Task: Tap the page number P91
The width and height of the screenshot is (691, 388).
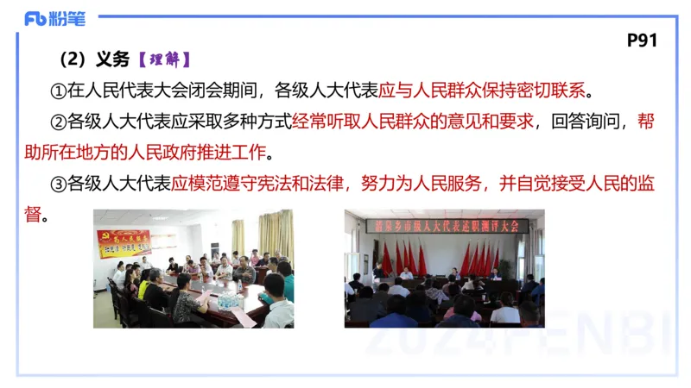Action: click(x=643, y=41)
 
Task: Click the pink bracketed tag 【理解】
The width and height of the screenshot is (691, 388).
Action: click(x=163, y=59)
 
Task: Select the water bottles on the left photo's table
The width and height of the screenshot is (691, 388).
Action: click(x=227, y=297)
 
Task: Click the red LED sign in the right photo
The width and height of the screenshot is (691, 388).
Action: click(x=447, y=226)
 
